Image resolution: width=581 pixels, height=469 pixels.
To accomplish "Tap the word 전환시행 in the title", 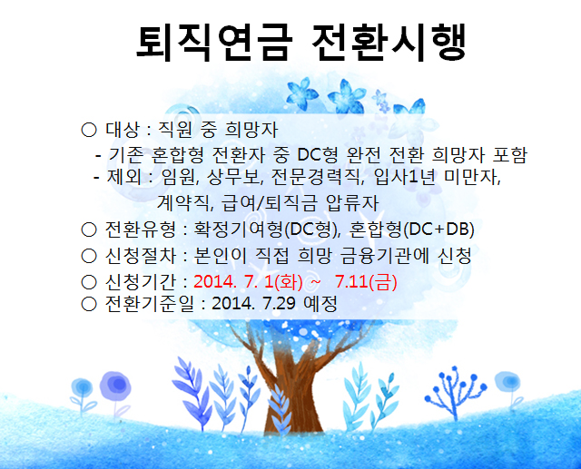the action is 389,43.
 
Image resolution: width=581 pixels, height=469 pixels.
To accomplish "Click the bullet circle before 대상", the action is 89,130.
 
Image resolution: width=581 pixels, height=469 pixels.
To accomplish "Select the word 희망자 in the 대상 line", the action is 251,130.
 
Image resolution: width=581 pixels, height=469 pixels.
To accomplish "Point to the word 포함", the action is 509,155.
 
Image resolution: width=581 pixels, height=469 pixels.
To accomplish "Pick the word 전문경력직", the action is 316,177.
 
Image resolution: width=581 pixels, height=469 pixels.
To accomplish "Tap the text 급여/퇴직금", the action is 270,203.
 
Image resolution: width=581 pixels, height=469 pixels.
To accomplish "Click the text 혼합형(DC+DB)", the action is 411,230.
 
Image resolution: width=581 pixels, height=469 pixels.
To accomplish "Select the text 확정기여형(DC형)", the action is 267,230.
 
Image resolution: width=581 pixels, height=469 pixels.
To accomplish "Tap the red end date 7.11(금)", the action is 366,282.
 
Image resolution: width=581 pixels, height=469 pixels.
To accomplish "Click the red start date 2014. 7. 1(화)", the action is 248,282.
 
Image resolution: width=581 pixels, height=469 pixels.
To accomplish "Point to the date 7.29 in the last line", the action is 279,304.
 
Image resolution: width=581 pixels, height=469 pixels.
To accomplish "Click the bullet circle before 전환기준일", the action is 89,304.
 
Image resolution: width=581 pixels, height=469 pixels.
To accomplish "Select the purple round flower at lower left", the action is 115,386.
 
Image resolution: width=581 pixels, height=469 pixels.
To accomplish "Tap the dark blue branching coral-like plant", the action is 456,391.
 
